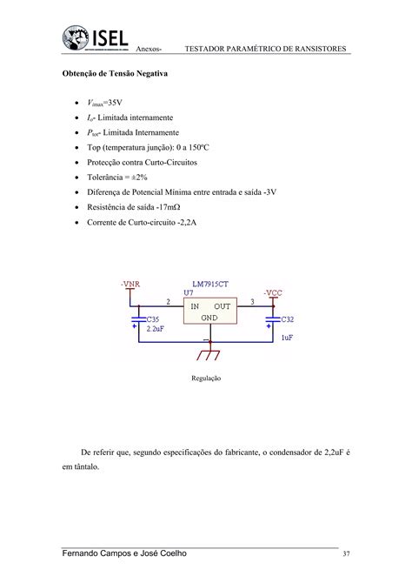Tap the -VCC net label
tap(273, 293)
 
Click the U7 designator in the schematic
tap(188, 294)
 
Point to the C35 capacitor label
tap(153, 320)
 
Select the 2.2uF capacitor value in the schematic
tap(155, 330)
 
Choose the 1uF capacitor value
tap(286, 334)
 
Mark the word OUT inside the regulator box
tap(223, 306)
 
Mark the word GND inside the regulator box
tap(209, 318)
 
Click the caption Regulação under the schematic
tap(206, 379)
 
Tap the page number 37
tap(346, 554)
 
